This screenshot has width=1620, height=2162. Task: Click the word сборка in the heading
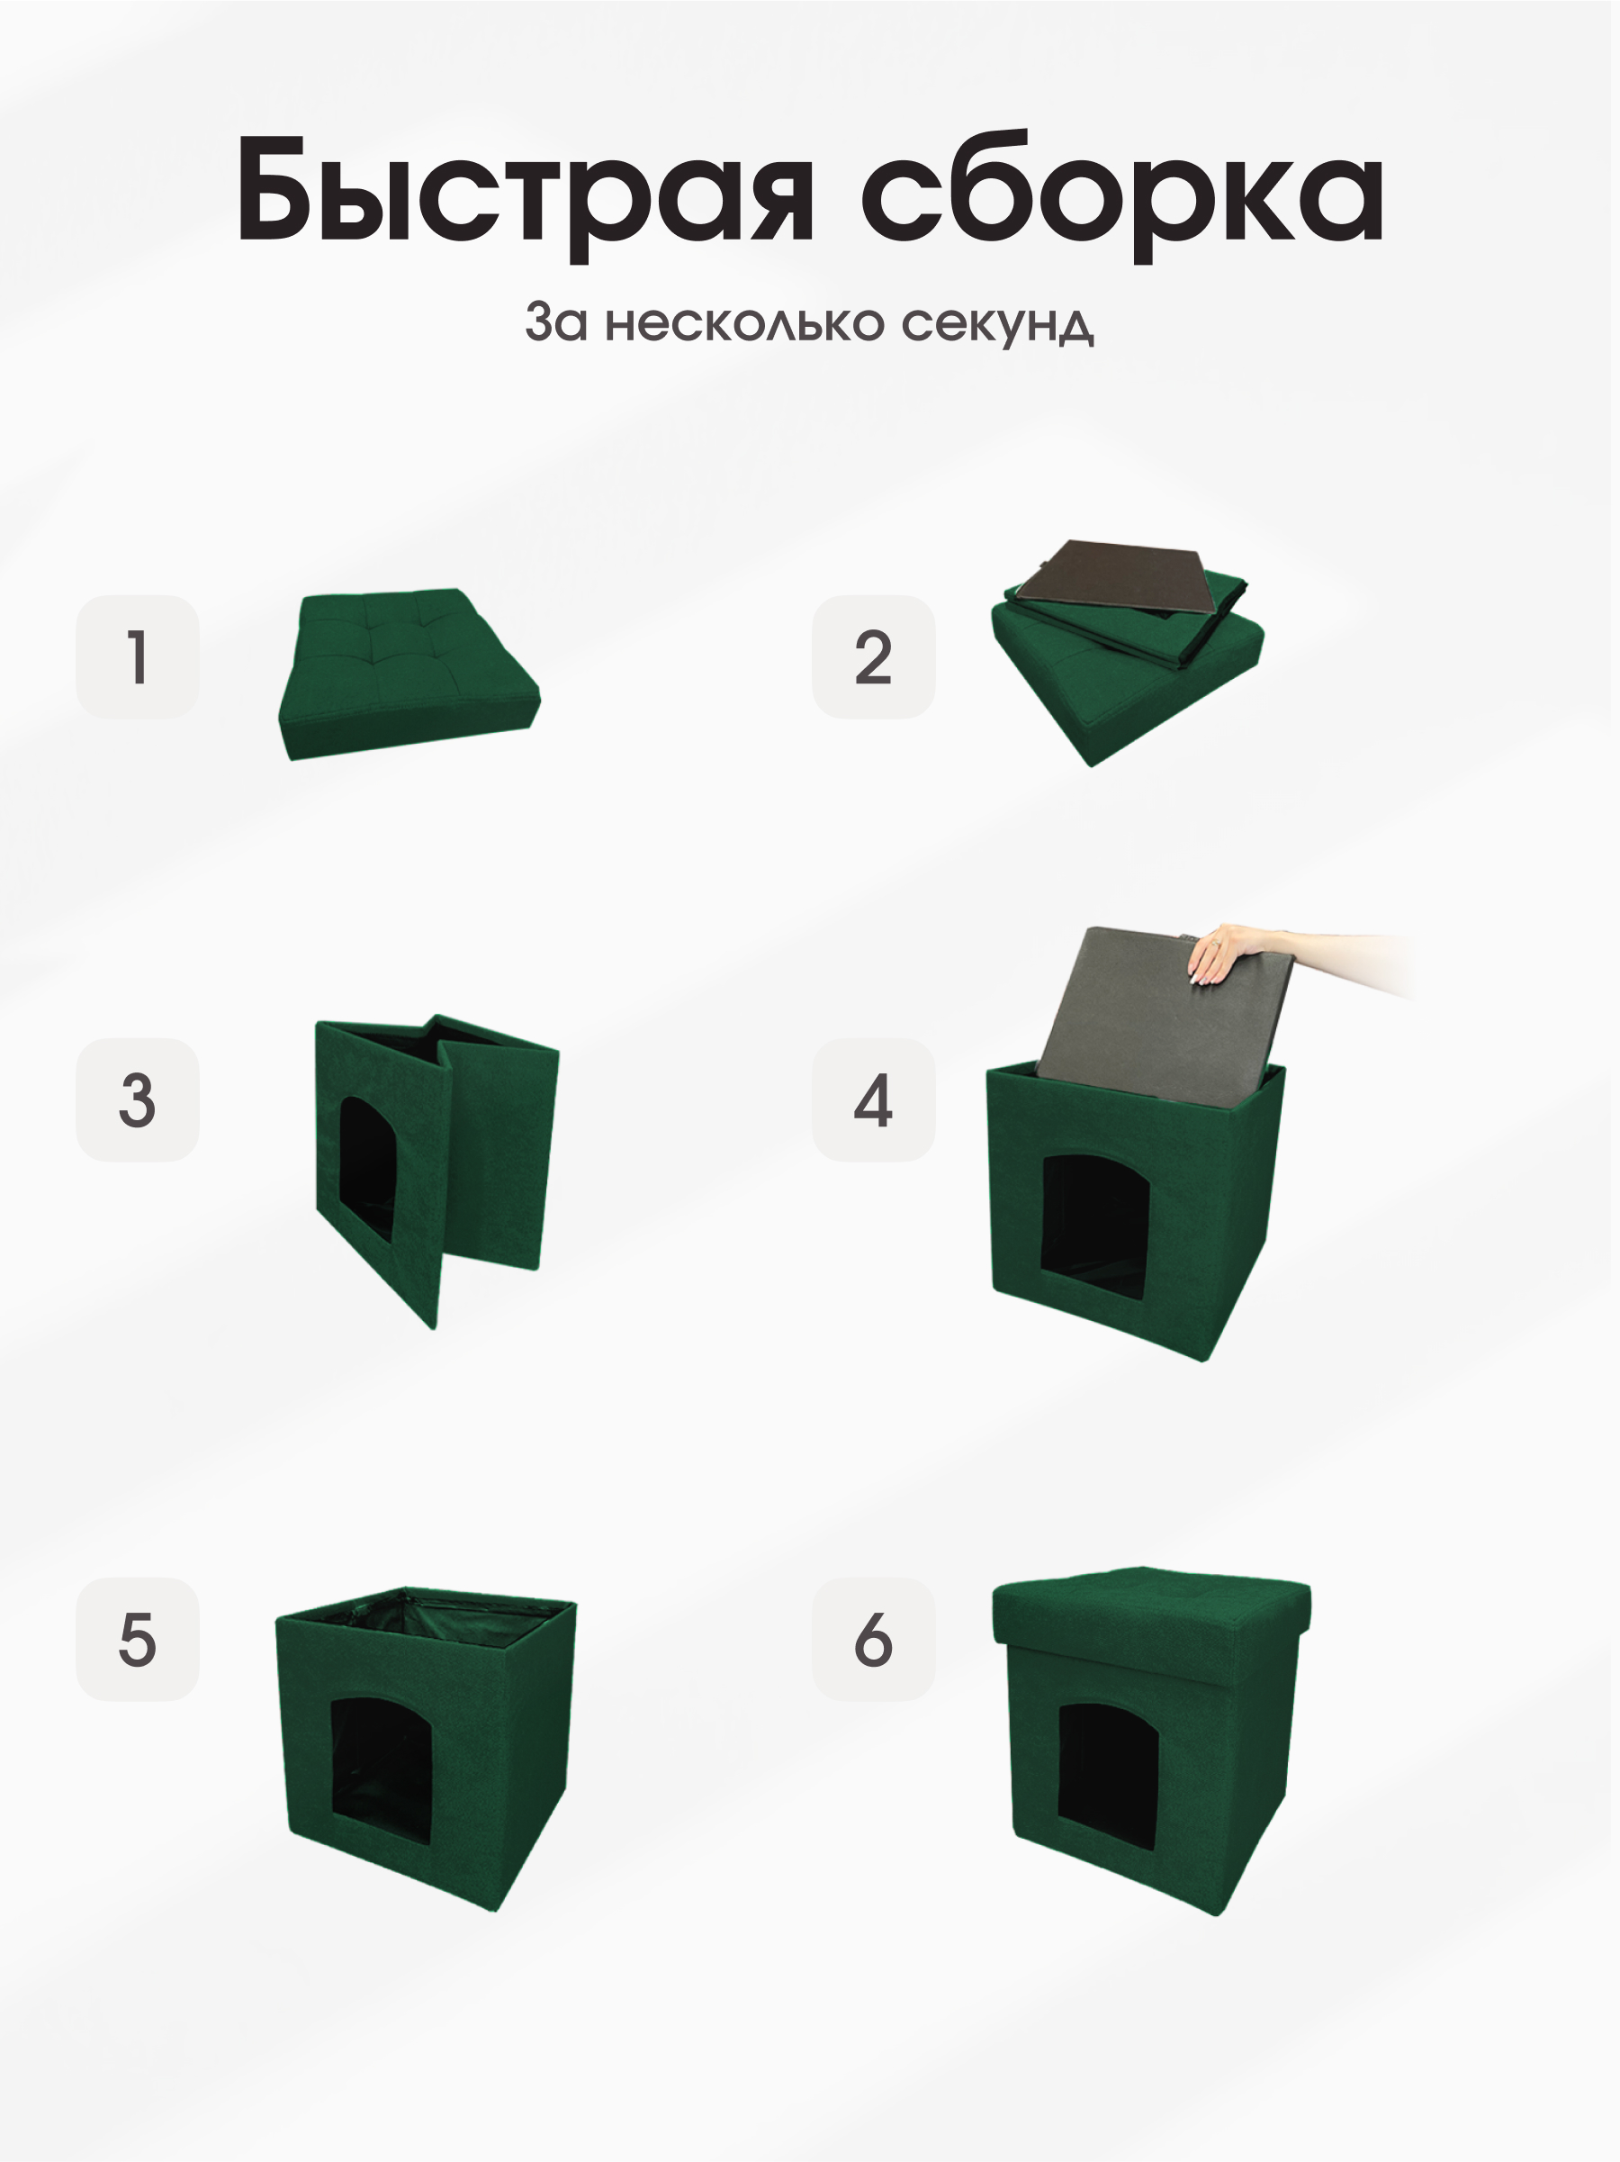click(1120, 191)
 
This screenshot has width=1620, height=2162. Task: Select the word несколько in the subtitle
click(744, 322)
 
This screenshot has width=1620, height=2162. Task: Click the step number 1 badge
click(138, 656)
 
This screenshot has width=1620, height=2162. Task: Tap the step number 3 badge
click(138, 1099)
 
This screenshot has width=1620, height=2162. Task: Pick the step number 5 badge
click(138, 1640)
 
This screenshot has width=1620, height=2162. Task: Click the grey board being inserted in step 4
click(1153, 1017)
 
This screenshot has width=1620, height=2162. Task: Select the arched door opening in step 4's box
click(1094, 1226)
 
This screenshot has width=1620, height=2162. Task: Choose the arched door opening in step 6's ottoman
click(1107, 1777)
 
